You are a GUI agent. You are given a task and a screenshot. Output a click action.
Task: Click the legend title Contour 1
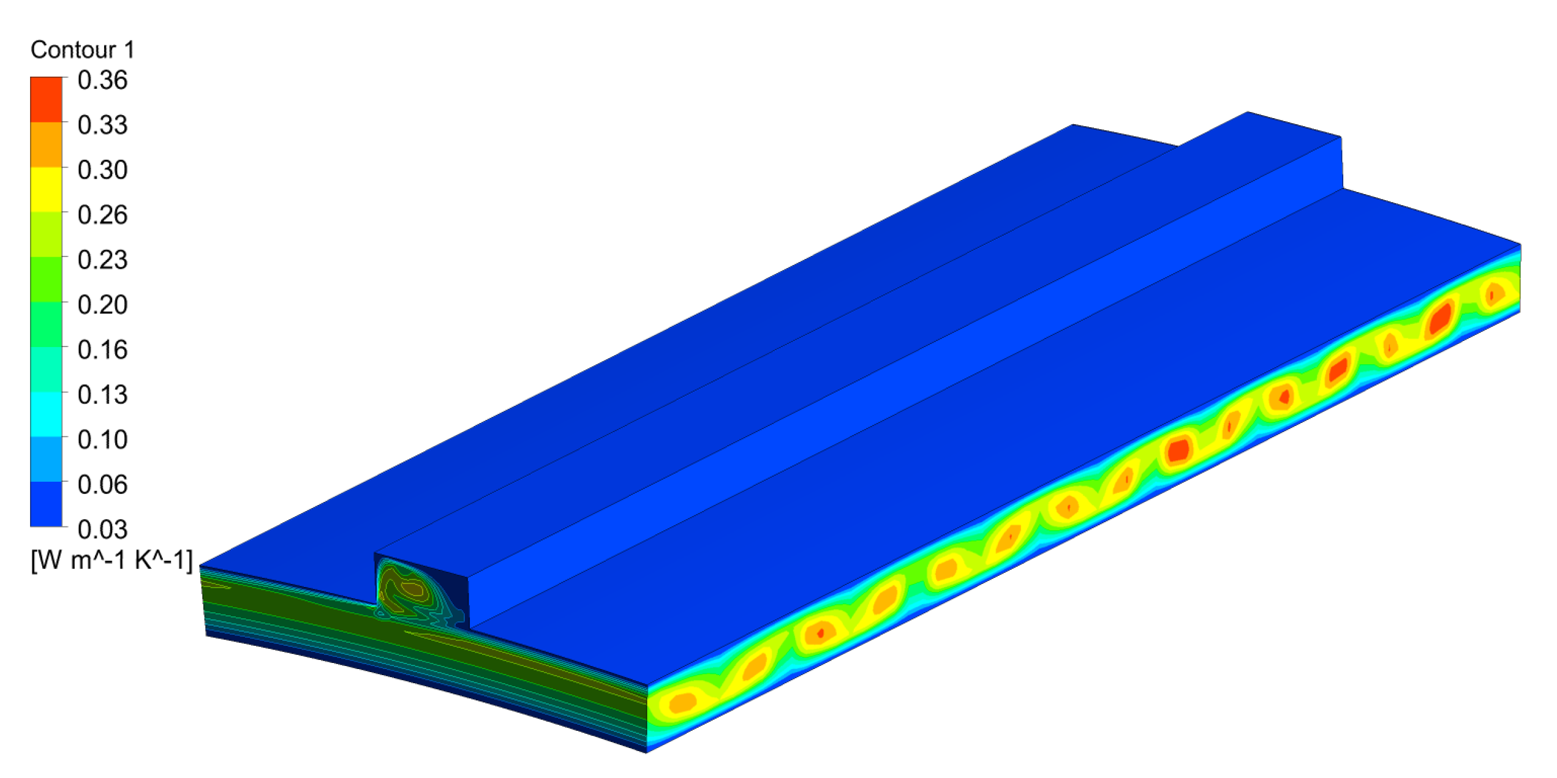(82, 50)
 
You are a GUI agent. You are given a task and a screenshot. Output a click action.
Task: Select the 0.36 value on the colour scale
(102, 80)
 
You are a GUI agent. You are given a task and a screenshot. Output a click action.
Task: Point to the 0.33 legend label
(102, 125)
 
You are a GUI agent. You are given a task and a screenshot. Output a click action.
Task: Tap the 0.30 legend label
(102, 170)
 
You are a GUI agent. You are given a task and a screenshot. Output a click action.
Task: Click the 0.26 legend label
(102, 215)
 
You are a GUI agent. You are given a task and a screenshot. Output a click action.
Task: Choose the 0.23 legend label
(102, 260)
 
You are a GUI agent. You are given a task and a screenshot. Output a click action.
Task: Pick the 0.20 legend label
(102, 304)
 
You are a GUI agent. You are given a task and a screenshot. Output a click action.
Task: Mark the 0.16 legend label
(102, 350)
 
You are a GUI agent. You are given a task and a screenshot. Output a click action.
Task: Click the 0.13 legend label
(102, 394)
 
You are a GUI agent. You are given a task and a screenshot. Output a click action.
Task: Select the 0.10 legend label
(102, 439)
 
